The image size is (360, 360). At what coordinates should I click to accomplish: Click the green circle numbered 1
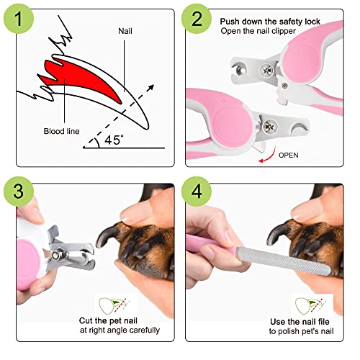(19, 19)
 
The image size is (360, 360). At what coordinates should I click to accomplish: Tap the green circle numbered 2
(197, 19)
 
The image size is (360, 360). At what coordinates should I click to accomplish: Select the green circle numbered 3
(19, 192)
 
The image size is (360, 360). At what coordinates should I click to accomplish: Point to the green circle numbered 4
(197, 192)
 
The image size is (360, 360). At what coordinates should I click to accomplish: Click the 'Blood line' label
(61, 131)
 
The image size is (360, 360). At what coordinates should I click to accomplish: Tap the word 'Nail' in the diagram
(125, 31)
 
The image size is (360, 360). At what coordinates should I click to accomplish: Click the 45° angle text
(114, 140)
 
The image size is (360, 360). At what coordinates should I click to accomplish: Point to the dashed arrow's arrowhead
(150, 88)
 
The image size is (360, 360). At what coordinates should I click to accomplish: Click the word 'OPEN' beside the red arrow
(288, 155)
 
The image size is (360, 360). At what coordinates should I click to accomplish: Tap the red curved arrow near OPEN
(269, 156)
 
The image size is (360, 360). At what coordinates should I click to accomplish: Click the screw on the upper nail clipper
(267, 71)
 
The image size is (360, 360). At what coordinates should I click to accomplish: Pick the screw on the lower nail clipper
(269, 126)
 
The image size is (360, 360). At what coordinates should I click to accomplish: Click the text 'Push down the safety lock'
(270, 22)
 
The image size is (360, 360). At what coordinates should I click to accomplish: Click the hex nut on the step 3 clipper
(57, 254)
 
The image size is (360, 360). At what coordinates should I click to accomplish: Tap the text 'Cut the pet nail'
(108, 320)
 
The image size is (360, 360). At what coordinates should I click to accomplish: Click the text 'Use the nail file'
(300, 321)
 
